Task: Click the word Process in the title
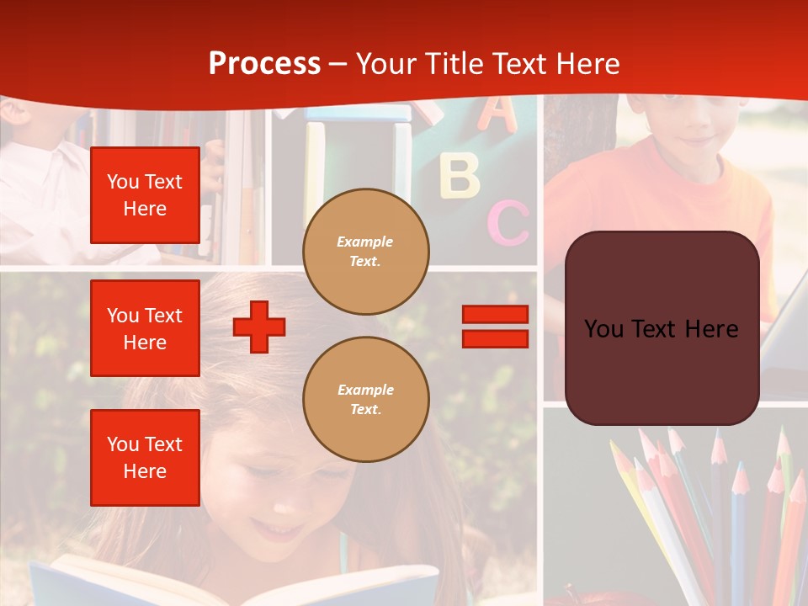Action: pyautogui.click(x=264, y=64)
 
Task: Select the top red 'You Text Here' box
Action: pyautogui.click(x=145, y=195)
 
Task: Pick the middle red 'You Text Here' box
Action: pyautogui.click(x=145, y=328)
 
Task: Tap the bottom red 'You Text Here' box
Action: pyautogui.click(x=145, y=457)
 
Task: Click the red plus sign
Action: pyautogui.click(x=259, y=327)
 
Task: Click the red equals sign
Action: pyautogui.click(x=495, y=327)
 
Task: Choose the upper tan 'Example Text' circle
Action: pyautogui.click(x=366, y=252)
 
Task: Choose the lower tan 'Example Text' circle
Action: pyautogui.click(x=366, y=400)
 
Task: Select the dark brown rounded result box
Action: pyautogui.click(x=662, y=328)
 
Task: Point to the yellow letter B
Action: pyautogui.click(x=460, y=174)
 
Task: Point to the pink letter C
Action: pyautogui.click(x=508, y=223)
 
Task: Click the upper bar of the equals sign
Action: pyautogui.click(x=495, y=314)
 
